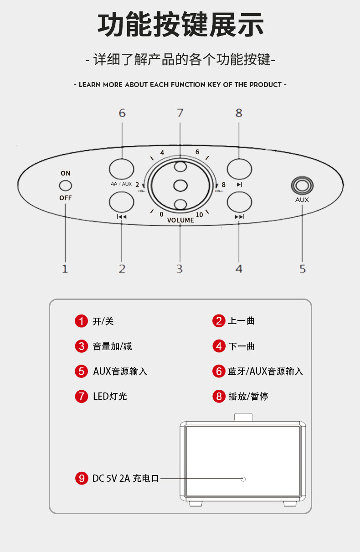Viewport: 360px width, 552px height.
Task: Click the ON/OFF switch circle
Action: (x=66, y=186)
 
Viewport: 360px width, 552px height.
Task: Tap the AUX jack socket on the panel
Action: (x=302, y=186)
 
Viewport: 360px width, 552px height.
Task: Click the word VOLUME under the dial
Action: (x=180, y=220)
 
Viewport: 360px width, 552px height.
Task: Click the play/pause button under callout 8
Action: (x=239, y=169)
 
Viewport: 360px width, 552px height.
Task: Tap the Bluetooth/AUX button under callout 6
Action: (x=122, y=169)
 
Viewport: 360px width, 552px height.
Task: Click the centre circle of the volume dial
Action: (x=180, y=186)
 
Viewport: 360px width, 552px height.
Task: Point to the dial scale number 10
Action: (x=199, y=215)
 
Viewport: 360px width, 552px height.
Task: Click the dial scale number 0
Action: (x=161, y=214)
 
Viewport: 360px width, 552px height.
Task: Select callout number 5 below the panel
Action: (x=302, y=269)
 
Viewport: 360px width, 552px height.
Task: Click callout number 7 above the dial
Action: (x=180, y=113)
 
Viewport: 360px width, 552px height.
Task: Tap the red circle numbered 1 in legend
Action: (x=81, y=321)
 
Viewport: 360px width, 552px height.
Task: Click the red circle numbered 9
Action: (x=81, y=478)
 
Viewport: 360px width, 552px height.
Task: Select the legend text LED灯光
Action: (x=110, y=396)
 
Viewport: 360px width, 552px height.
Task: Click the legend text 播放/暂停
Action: (x=248, y=396)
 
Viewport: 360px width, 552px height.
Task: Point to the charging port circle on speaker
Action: (x=243, y=479)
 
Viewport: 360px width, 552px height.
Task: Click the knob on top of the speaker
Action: (x=243, y=417)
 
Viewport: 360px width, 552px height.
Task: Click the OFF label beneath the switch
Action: (x=66, y=198)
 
